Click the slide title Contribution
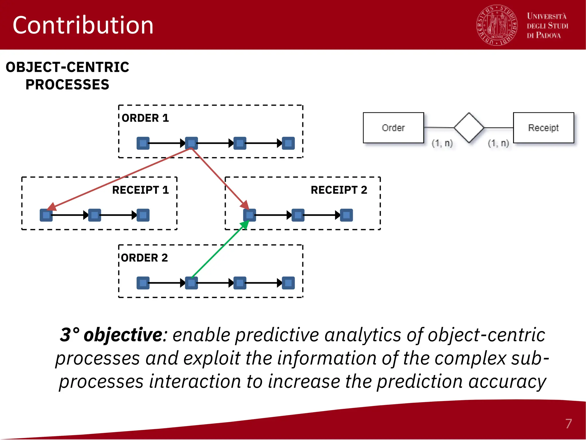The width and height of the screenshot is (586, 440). (83, 25)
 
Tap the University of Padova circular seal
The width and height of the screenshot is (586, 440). (497, 25)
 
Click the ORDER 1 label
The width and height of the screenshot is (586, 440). (145, 118)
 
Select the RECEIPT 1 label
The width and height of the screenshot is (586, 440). (140, 190)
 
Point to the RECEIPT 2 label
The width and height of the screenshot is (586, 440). (339, 190)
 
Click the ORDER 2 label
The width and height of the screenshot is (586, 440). (144, 258)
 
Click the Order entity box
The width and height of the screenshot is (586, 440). (393, 128)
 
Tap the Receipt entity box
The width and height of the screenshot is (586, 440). (543, 128)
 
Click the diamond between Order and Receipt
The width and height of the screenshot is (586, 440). (469, 128)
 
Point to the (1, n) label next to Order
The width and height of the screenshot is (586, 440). (442, 143)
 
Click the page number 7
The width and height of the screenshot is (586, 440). (569, 424)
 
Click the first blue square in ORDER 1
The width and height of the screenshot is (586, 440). (143, 143)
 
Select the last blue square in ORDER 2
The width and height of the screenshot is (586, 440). (288, 283)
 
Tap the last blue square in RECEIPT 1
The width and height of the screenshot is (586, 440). (143, 215)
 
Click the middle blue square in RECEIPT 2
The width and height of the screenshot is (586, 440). (298, 215)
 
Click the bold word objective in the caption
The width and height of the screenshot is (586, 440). (123, 335)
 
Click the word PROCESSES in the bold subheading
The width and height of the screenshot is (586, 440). (68, 85)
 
